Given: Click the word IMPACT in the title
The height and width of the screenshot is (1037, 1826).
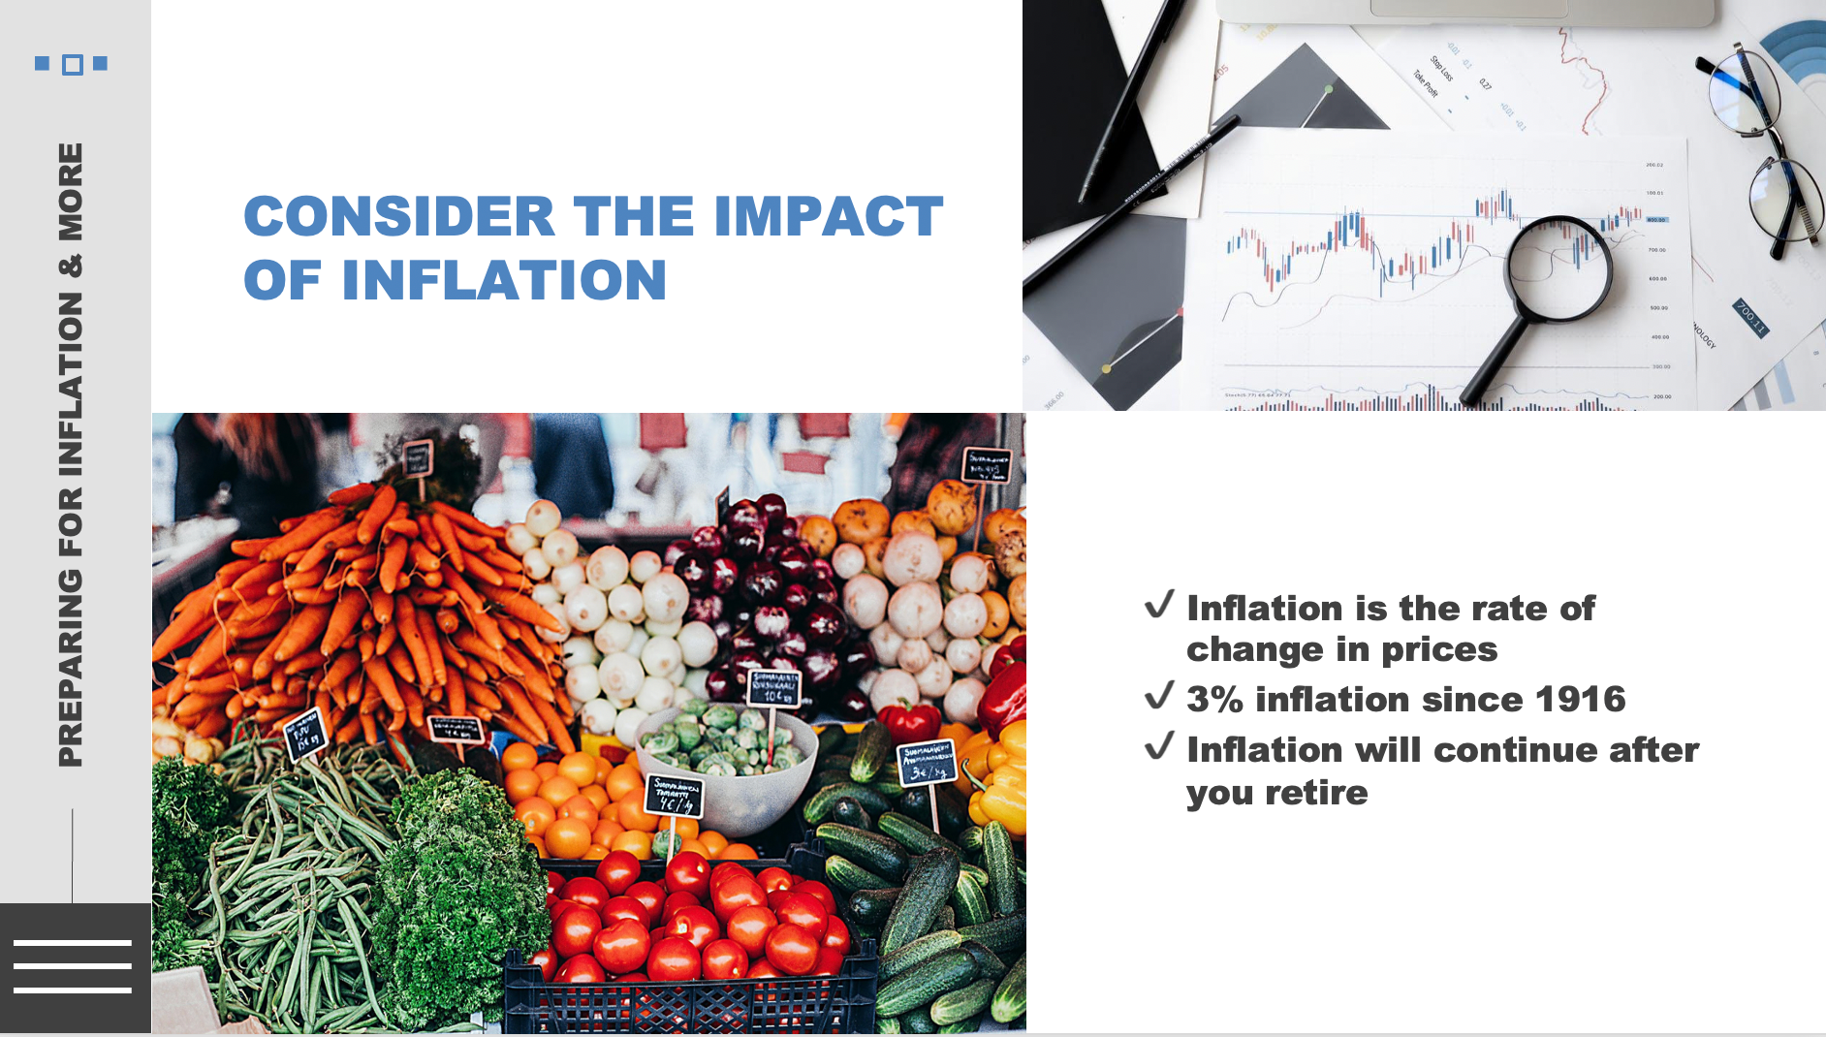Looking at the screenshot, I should pos(828,216).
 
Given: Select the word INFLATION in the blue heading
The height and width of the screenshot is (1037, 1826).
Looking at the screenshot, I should pos(503,281).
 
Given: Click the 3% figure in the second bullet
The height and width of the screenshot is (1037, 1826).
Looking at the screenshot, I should pos(1214,699).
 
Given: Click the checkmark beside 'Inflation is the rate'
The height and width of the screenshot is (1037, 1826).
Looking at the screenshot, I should pos(1159,605).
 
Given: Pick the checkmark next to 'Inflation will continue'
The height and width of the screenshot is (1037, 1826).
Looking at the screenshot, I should pos(1159,746).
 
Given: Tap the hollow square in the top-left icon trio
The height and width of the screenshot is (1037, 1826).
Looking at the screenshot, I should pos(72,65).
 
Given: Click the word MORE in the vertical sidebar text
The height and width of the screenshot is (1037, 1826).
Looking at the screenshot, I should pos(71,192).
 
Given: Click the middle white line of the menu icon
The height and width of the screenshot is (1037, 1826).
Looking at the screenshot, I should pos(73,966).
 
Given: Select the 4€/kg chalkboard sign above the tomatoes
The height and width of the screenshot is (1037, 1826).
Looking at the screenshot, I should pos(675,796).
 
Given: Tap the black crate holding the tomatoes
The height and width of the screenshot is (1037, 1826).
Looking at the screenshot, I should pos(688,998).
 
